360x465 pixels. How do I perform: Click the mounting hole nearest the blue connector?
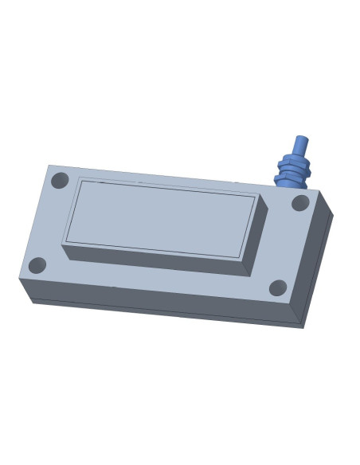point(300,203)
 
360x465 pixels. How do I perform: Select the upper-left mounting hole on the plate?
point(60,181)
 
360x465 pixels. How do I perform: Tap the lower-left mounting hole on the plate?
point(37,265)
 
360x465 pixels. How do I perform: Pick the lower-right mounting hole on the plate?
point(278,287)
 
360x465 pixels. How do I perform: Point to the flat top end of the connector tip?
point(301,139)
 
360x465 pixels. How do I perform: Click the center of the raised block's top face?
point(159,217)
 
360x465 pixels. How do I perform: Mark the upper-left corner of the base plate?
point(49,166)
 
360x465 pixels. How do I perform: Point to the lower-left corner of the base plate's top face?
point(19,279)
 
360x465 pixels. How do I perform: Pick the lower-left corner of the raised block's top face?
point(62,244)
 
